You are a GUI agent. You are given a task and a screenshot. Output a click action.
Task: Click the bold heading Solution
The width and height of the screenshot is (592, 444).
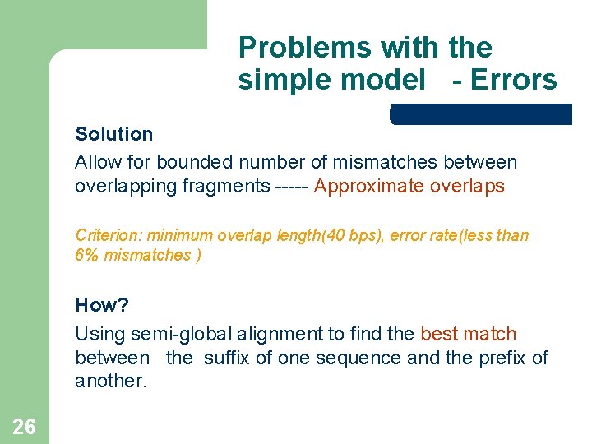[113, 134]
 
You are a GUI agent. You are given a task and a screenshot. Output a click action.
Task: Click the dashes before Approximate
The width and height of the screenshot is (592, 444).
[289, 187]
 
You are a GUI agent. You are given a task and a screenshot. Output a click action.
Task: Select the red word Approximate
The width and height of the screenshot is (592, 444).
[368, 187]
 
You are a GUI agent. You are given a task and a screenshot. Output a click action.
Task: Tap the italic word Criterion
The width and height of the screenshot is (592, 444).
[108, 235]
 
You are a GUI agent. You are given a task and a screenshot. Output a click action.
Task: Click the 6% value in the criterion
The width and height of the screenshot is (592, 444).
[86, 255]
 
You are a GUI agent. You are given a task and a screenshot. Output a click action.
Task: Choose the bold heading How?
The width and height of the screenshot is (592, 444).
[102, 305]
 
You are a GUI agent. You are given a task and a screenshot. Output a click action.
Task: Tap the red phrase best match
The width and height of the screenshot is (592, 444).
[468, 334]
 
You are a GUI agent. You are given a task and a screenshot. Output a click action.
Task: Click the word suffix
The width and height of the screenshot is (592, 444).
[227, 358]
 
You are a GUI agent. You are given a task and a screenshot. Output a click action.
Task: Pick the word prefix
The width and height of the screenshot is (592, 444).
[502, 358]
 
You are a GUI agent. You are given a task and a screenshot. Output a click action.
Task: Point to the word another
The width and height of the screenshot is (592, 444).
[110, 382]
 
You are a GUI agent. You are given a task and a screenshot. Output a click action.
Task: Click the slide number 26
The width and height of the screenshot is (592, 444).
[24, 425]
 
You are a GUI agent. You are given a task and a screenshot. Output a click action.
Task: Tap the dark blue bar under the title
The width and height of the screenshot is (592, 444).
[481, 114]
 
